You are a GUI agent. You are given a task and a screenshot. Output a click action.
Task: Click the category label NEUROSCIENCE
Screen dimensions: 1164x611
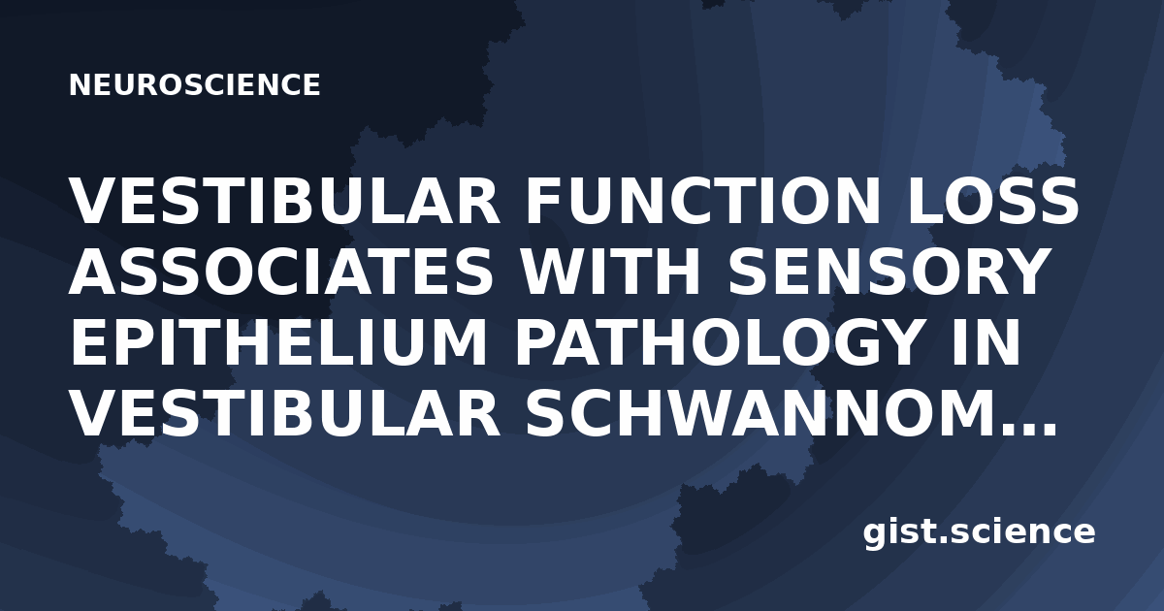(194, 84)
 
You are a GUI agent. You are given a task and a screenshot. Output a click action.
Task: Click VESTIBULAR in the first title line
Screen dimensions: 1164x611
(285, 201)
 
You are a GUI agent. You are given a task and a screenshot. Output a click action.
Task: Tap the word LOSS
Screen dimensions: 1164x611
(992, 201)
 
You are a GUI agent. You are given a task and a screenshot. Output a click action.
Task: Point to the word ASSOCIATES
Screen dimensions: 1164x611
(280, 273)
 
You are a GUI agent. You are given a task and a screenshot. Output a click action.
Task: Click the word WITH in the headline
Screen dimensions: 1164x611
(610, 273)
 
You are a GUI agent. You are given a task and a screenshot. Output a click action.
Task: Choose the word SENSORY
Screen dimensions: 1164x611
(887, 273)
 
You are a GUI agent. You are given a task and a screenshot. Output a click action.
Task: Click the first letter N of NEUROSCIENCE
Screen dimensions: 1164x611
(81, 84)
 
